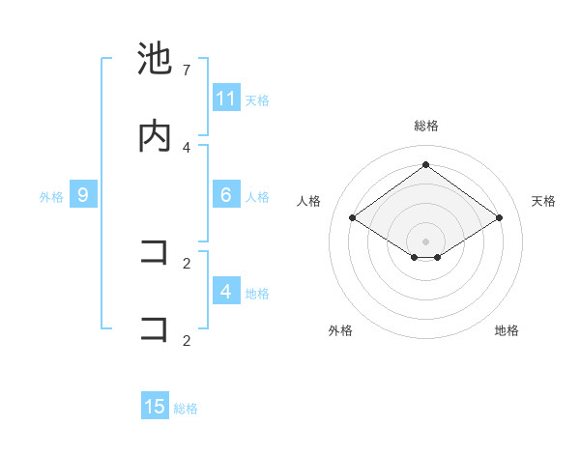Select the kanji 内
pyautogui.click(x=155, y=136)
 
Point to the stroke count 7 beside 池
pyautogui.click(x=187, y=71)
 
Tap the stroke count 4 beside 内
pyautogui.click(x=187, y=147)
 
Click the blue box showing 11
pyautogui.click(x=226, y=99)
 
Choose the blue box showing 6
pyautogui.click(x=226, y=195)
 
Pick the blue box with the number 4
pyautogui.click(x=226, y=292)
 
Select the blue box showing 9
pyautogui.click(x=83, y=195)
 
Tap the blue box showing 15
pyautogui.click(x=155, y=407)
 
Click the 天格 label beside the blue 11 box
pyautogui.click(x=257, y=99)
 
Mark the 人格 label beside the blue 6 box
pyautogui.click(x=257, y=196)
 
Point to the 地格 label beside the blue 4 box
pyautogui.click(x=257, y=293)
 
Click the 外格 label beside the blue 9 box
pyautogui.click(x=51, y=196)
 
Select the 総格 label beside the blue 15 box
pyautogui.click(x=186, y=409)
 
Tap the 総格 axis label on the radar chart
pyautogui.click(x=425, y=126)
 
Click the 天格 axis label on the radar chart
pyautogui.click(x=543, y=201)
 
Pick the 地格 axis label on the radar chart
pyautogui.click(x=507, y=330)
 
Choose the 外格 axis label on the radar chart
pyautogui.click(x=340, y=330)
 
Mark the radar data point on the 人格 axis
pyautogui.click(x=353, y=218)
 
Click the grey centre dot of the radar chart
pyautogui.click(x=425, y=241)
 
